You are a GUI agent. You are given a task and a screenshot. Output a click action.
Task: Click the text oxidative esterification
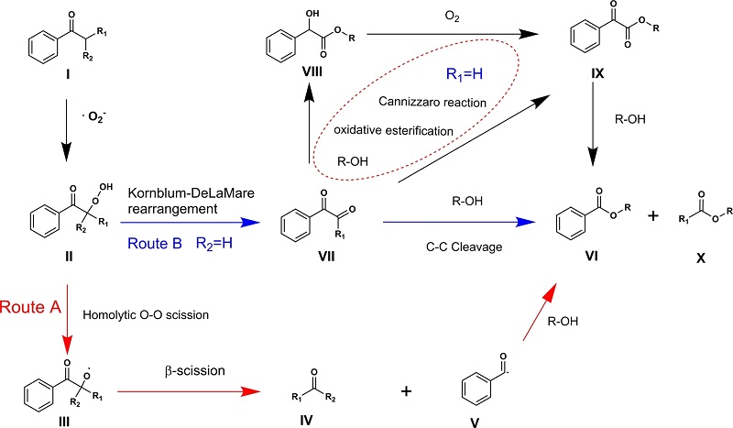pyautogui.click(x=407, y=131)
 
